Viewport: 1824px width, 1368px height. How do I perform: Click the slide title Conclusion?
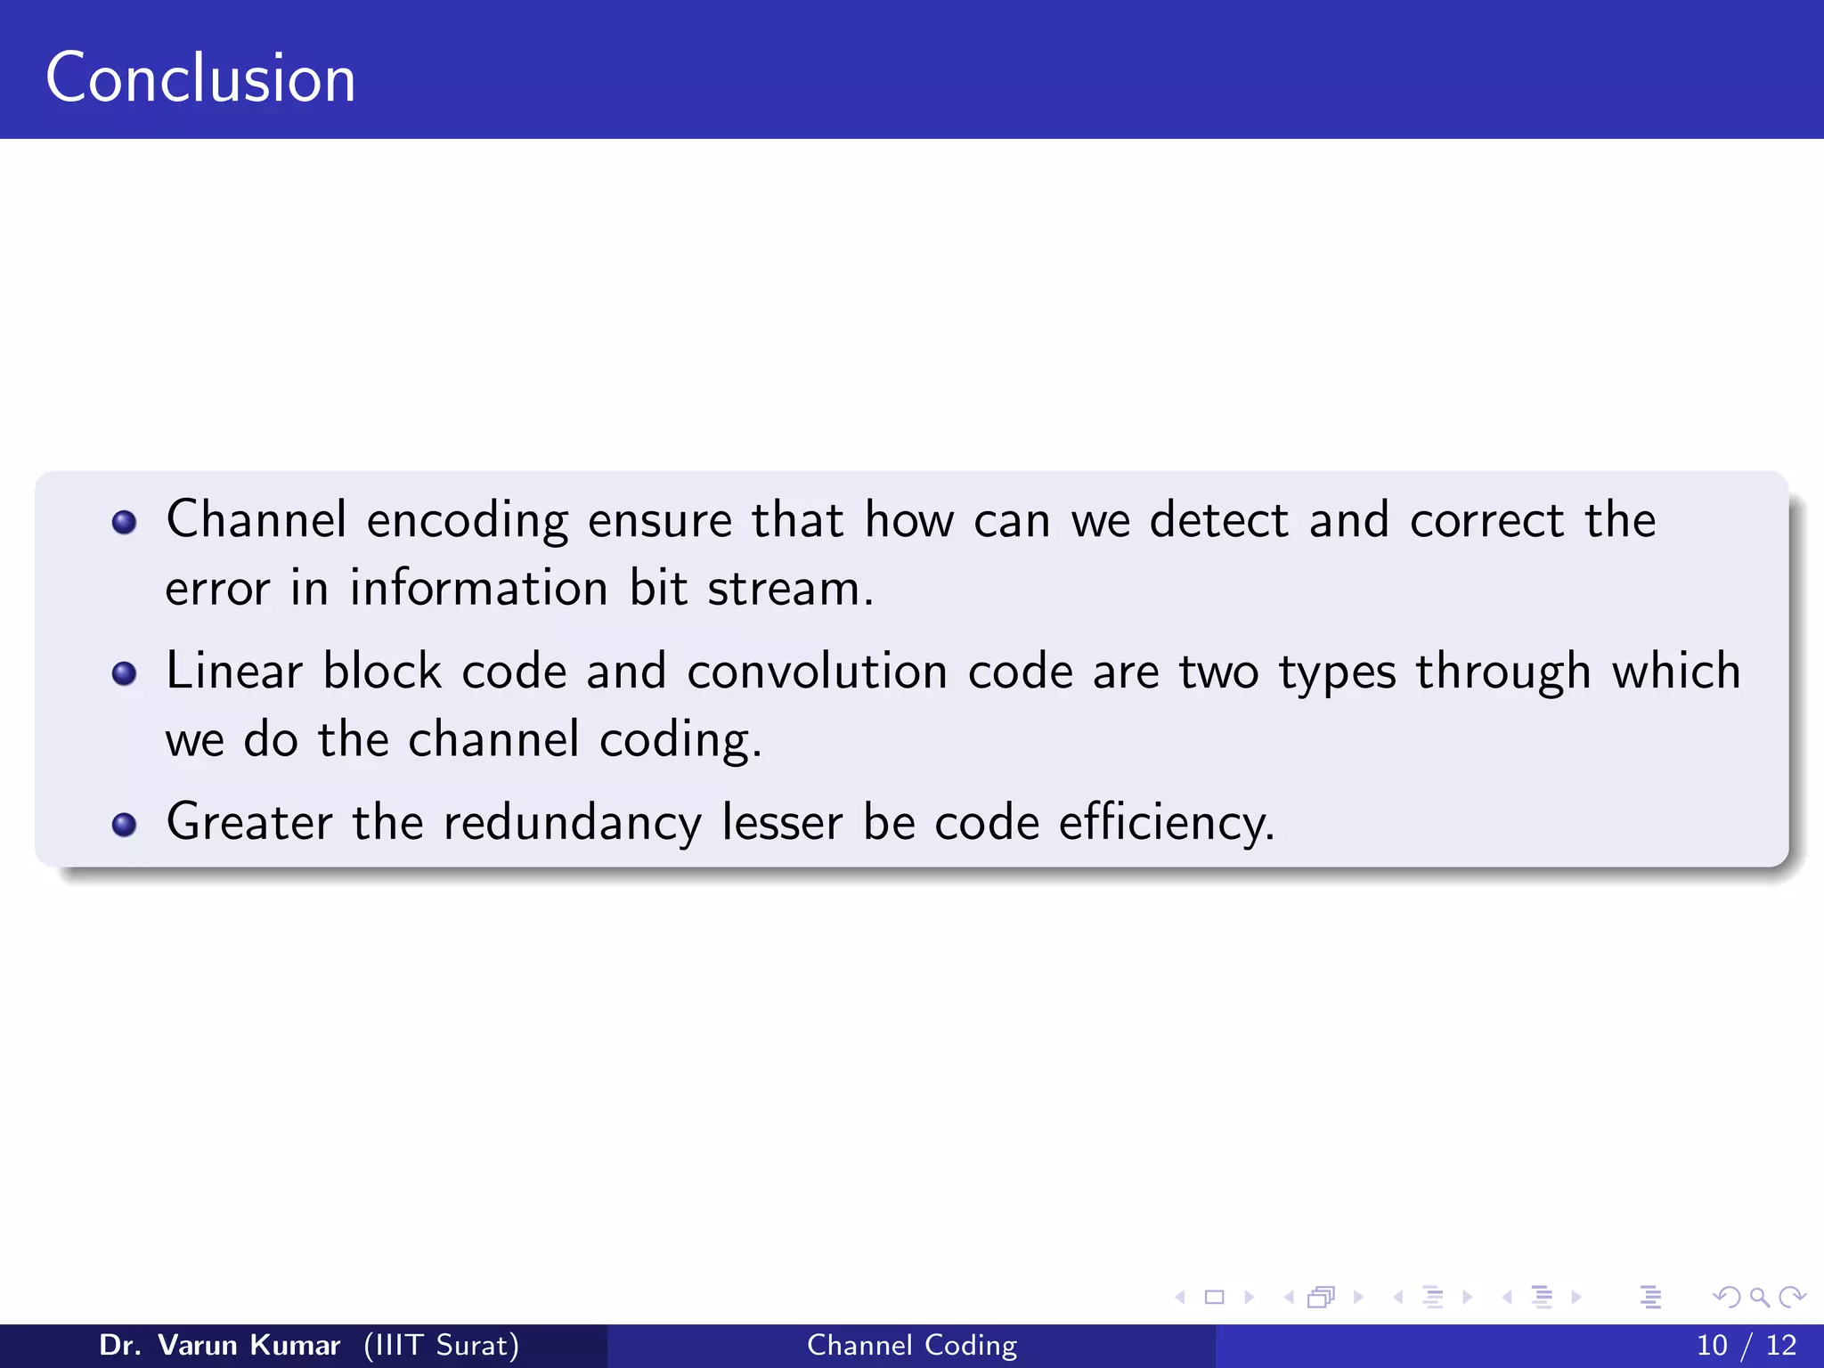coord(200,78)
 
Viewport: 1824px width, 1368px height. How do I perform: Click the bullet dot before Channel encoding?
coord(125,522)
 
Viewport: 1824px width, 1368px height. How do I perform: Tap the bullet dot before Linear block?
coord(125,673)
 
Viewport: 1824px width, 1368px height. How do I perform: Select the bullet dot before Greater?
coord(125,825)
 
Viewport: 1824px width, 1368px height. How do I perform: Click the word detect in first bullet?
coord(1218,520)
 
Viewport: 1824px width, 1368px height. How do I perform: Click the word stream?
coord(790,589)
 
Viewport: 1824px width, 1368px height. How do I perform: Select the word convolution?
coord(817,672)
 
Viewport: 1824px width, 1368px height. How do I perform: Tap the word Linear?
coord(234,672)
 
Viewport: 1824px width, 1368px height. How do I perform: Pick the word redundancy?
coord(572,823)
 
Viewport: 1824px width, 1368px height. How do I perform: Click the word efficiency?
coord(1166,823)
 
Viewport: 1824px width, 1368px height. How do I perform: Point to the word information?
coord(478,589)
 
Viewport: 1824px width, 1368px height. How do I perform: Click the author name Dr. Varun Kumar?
coord(219,1345)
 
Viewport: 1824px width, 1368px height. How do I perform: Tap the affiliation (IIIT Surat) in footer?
coord(441,1345)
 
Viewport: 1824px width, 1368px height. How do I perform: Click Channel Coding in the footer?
coord(912,1345)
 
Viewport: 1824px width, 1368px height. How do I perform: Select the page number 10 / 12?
coord(1746,1345)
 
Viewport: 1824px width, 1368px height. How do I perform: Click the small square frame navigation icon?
coord(1214,1298)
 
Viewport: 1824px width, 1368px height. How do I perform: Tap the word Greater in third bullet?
coord(248,823)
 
